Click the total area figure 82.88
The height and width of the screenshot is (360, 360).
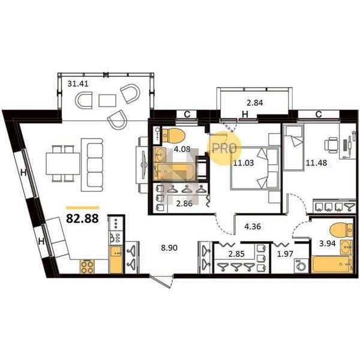tap(82, 218)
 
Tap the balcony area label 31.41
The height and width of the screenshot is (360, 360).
tap(78, 84)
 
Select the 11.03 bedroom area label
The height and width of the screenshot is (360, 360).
tap(244, 163)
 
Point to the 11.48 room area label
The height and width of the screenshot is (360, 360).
tap(316, 163)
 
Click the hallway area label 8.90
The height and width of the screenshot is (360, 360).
tap(169, 248)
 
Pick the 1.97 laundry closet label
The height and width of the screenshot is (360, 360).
tap(285, 254)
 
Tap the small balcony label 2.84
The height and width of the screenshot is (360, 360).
tap(255, 103)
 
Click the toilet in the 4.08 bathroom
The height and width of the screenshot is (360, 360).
tap(173, 135)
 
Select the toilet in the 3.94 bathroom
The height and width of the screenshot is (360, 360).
tap(341, 230)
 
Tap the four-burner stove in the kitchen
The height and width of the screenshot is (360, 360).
tap(87, 266)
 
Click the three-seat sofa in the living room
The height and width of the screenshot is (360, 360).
tap(92, 165)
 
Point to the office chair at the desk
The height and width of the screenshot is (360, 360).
tap(331, 145)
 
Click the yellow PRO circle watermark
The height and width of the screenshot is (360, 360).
tap(224, 148)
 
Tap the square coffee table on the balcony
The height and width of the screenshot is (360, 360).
tap(107, 101)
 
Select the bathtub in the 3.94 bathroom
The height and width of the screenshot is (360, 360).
tap(332, 265)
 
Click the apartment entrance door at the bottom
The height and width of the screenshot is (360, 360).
tap(162, 281)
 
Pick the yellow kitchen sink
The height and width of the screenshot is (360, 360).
tap(116, 259)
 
